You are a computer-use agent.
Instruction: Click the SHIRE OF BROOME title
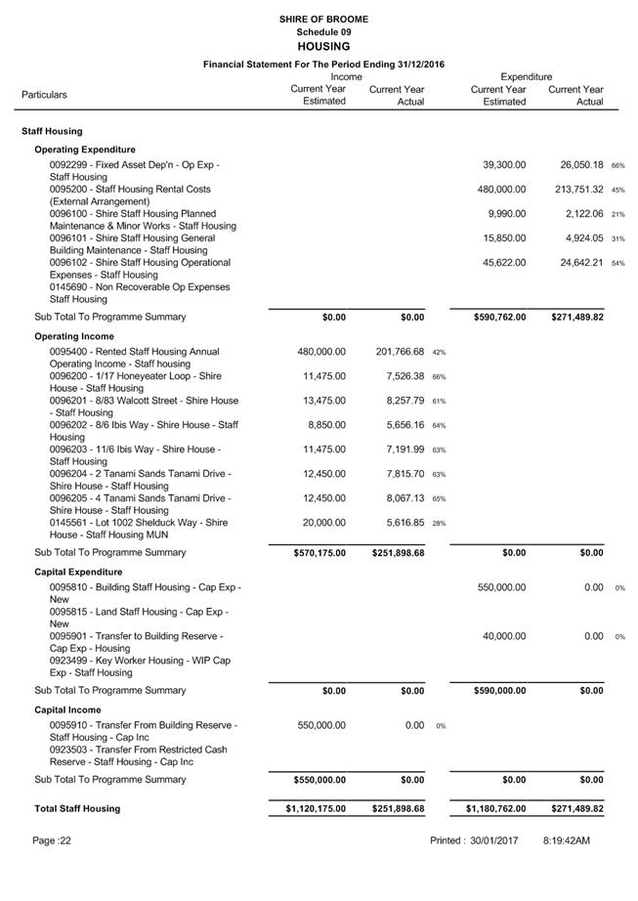[323, 19]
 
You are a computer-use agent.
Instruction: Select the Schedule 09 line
[323, 32]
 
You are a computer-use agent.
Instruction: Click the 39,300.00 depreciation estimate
[504, 165]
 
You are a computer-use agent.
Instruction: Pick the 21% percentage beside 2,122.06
[617, 215]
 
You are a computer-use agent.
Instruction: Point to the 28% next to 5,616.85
[439, 524]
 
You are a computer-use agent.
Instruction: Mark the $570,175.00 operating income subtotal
[319, 553]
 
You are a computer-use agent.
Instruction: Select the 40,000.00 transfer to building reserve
[504, 636]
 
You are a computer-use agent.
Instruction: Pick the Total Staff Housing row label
[77, 809]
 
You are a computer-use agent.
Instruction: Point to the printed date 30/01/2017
[500, 840]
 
